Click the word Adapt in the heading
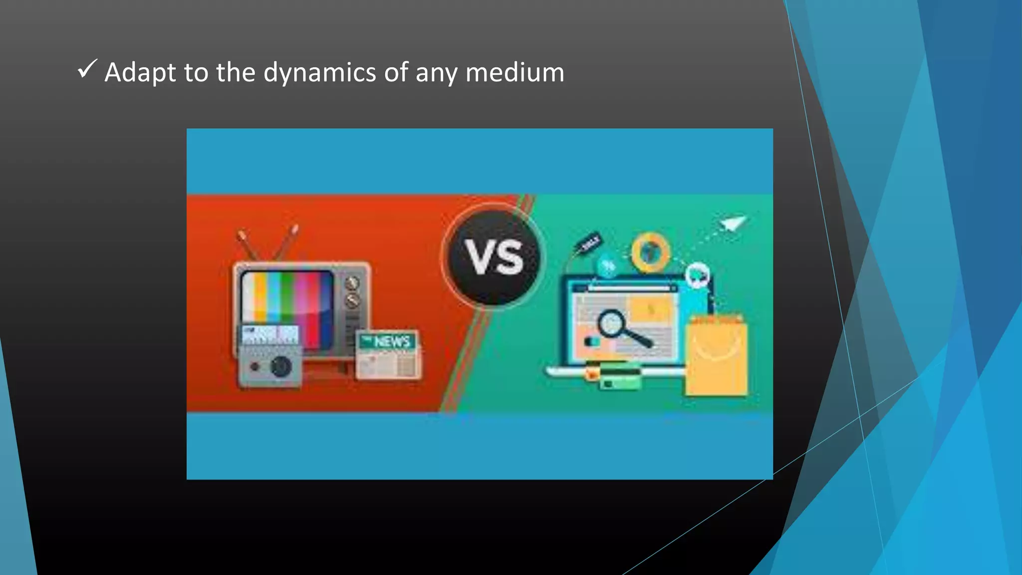[140, 72]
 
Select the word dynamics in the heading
[319, 72]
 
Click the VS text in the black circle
[494, 258]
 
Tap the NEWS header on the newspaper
[391, 341]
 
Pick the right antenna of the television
[286, 242]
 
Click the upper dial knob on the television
[352, 283]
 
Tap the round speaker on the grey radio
[280, 367]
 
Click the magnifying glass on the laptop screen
[619, 327]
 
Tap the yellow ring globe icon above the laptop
[650, 252]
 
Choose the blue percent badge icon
[608, 267]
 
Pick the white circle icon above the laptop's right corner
[698, 275]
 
